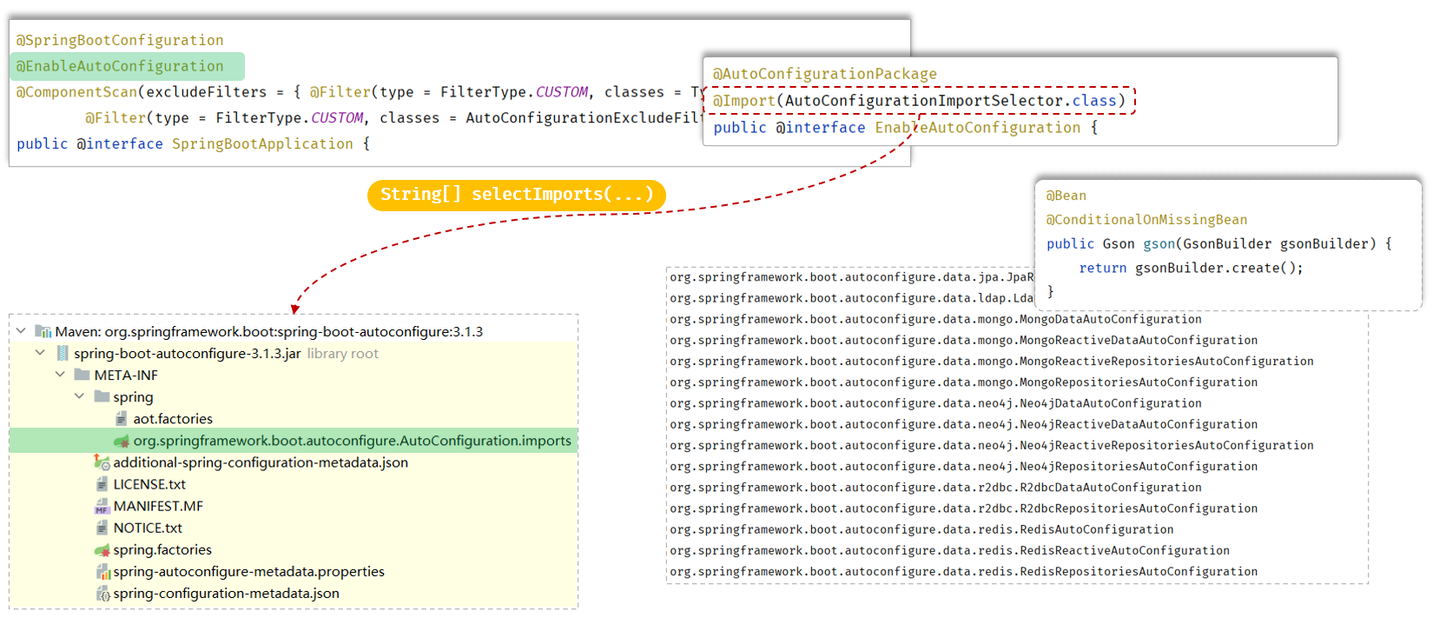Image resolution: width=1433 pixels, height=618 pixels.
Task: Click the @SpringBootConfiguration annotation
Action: (120, 40)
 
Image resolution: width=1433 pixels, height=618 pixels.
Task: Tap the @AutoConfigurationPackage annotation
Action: (825, 74)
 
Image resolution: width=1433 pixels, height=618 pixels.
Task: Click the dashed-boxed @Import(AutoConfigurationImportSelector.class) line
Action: (919, 101)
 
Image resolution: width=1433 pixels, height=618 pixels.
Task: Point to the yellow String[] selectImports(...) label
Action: (517, 195)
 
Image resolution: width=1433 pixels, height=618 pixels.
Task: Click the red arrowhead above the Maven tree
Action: (296, 309)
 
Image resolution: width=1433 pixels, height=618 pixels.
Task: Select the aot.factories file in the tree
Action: (173, 419)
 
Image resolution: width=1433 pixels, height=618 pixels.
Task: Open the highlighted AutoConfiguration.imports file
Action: (352, 441)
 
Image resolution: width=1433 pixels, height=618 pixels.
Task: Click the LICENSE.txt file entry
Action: (149, 484)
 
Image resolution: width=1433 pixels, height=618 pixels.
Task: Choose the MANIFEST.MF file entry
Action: (158, 506)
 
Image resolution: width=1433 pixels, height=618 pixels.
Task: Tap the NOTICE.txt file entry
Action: (148, 528)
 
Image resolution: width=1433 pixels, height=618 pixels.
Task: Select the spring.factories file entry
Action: (162, 549)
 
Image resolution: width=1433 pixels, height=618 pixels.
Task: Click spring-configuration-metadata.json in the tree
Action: (226, 593)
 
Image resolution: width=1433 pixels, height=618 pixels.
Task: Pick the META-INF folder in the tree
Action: (126, 375)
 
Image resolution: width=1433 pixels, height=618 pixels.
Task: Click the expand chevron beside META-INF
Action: (60, 375)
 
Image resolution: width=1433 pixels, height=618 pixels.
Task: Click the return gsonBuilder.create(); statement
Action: (1191, 268)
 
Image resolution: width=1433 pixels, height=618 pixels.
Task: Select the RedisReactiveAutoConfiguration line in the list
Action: (949, 550)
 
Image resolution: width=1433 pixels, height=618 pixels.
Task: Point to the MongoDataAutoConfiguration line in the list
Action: (935, 319)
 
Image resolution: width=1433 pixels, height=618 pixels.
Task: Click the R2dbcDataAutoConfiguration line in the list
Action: (935, 488)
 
